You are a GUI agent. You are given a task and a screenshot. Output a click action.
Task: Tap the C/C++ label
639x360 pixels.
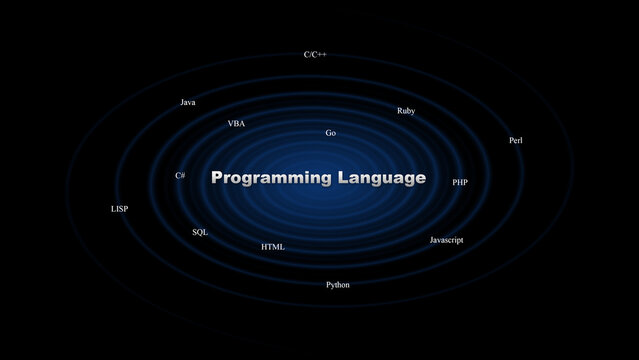[315, 54]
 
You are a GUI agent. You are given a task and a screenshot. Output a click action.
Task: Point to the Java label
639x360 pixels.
[188, 102]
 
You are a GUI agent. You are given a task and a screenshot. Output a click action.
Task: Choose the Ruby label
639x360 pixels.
[406, 111]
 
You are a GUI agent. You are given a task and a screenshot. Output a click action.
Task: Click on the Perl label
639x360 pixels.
[516, 140]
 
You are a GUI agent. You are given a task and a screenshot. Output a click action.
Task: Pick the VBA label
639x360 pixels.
[236, 124]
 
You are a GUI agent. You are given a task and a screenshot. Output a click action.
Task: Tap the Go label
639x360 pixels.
[331, 133]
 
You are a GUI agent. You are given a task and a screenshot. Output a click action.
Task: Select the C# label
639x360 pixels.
[180, 176]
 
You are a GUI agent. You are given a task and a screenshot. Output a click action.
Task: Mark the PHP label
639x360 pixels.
[460, 183]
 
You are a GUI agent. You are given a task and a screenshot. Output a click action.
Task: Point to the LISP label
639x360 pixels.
[119, 209]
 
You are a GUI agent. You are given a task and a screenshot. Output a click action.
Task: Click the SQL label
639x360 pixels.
[200, 232]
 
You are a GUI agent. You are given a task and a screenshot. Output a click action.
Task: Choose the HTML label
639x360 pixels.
[273, 247]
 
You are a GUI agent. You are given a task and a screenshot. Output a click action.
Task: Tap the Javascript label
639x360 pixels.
[446, 240]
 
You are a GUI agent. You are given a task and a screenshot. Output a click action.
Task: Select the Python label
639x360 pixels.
[338, 285]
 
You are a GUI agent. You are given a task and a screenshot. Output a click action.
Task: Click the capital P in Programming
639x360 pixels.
[218, 178]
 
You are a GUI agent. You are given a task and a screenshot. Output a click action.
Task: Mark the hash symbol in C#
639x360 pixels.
[183, 176]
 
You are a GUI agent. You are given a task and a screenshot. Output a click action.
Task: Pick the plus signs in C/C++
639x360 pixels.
[321, 54]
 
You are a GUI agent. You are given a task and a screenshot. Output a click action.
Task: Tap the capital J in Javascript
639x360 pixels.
[432, 240]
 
